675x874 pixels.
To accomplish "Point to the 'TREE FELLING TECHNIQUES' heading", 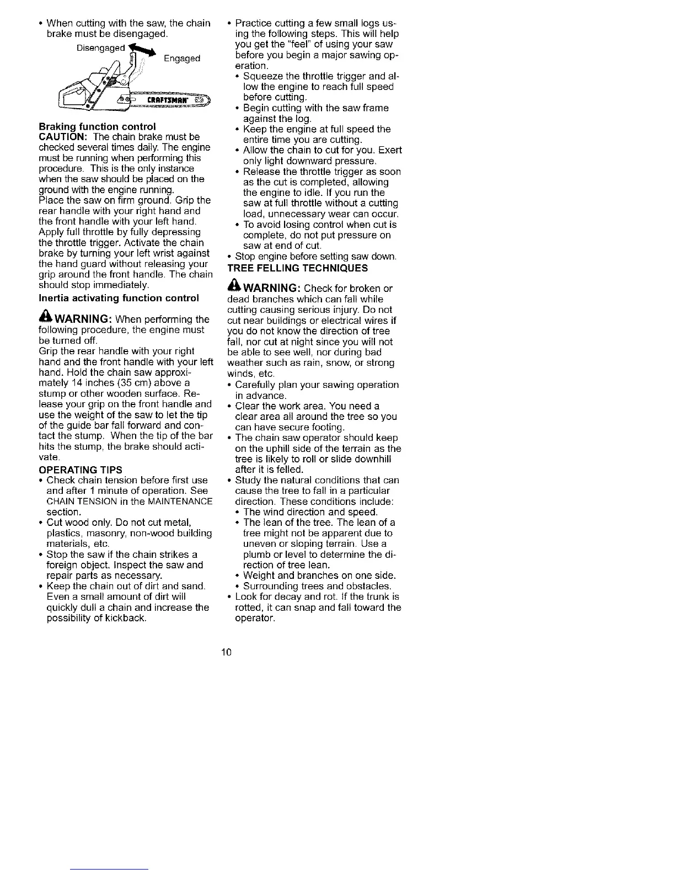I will (x=297, y=268).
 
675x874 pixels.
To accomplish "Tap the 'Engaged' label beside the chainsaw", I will (x=182, y=58).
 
